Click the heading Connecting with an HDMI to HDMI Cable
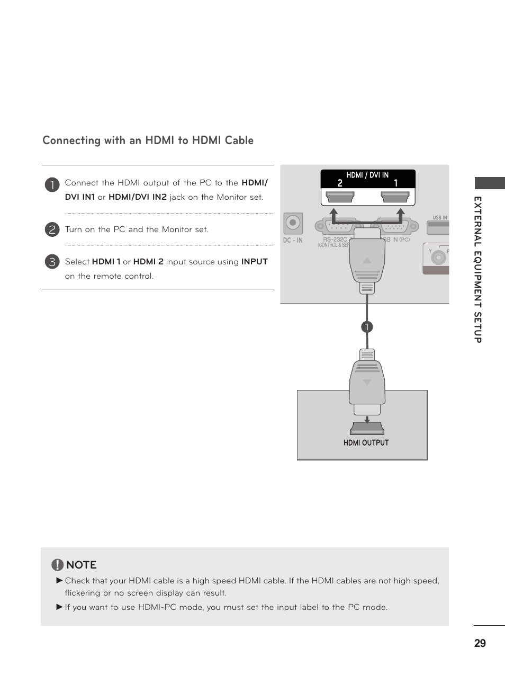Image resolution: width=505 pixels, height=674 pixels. point(148,140)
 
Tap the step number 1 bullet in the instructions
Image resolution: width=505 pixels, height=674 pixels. point(52,184)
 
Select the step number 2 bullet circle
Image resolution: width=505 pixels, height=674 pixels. point(52,229)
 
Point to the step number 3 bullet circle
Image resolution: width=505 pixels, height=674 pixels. point(52,261)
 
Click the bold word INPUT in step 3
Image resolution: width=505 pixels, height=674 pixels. point(254,262)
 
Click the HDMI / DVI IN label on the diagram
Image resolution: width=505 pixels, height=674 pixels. point(367,175)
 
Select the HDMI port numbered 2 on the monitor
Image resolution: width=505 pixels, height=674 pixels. point(340,197)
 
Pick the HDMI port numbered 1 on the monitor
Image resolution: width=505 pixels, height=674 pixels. point(395,197)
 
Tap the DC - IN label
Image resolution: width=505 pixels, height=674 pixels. point(293,241)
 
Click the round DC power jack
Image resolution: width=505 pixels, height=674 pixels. point(293,223)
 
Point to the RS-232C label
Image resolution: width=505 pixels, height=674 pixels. point(335,240)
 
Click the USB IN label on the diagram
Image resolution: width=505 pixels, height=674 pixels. point(440,217)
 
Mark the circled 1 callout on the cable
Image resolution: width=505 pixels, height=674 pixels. point(367,327)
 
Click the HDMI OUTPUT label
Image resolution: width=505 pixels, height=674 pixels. point(366,443)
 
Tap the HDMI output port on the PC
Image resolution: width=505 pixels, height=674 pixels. point(367,429)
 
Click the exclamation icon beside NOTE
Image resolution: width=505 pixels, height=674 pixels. point(57,565)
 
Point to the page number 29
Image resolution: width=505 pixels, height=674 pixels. point(480,643)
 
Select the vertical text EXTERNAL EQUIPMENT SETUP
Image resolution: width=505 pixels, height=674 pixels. point(477,270)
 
